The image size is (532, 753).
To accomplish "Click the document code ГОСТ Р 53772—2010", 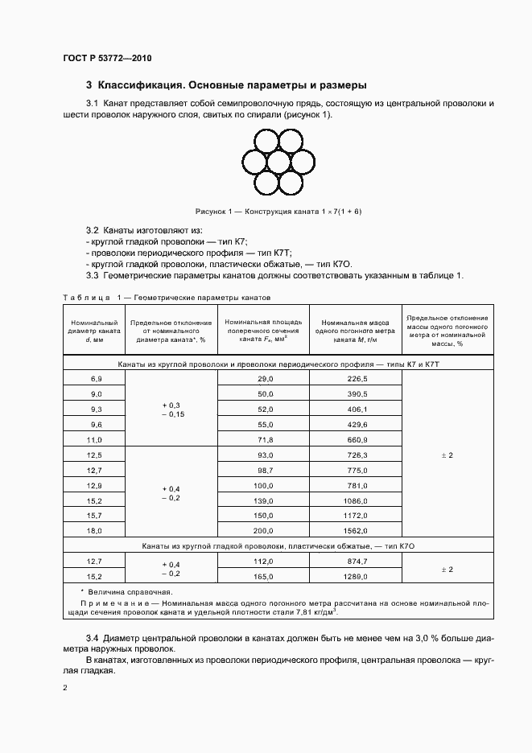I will pyautogui.click(x=107, y=59).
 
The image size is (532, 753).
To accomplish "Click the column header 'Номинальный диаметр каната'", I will pyautogui.click(x=96, y=331).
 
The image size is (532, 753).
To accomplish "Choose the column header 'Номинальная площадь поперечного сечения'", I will pyautogui.click(x=265, y=331).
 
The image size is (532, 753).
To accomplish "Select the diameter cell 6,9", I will pyautogui.click(x=96, y=378).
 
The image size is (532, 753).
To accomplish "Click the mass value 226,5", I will pyautogui.click(x=357, y=378).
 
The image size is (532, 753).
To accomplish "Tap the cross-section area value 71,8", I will pyautogui.click(x=265, y=440).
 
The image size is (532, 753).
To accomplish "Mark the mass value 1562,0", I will pyautogui.click(x=357, y=531).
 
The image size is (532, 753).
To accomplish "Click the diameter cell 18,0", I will pyautogui.click(x=96, y=531).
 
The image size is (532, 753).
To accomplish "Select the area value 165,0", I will pyautogui.click(x=265, y=577).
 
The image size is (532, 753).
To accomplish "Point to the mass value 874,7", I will pyautogui.click(x=357, y=562).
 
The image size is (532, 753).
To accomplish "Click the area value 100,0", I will pyautogui.click(x=265, y=486).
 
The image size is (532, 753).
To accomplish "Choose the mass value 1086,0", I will pyautogui.click(x=357, y=500).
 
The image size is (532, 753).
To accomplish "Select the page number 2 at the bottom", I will pyautogui.click(x=65, y=688).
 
